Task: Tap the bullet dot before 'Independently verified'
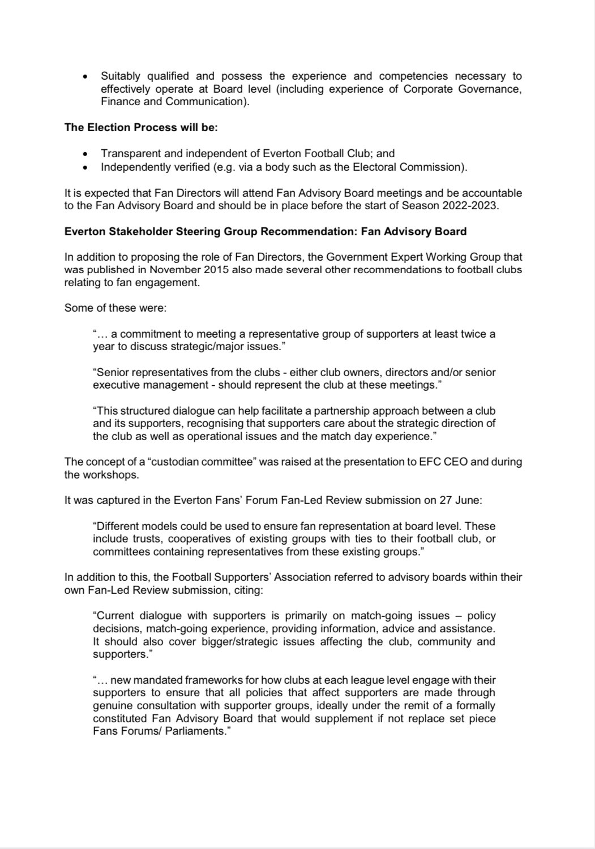[x=85, y=167]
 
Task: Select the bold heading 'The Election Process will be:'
[x=141, y=127]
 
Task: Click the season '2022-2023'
[x=474, y=205]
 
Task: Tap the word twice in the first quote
[x=472, y=334]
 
